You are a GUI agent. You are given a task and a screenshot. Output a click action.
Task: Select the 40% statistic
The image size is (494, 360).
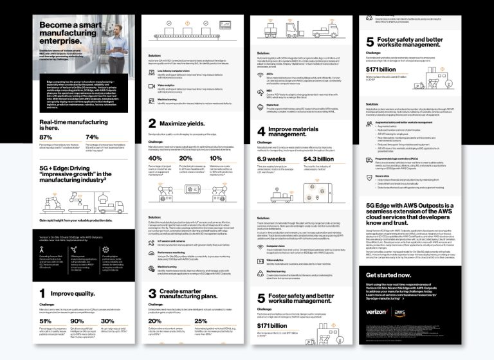155,158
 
